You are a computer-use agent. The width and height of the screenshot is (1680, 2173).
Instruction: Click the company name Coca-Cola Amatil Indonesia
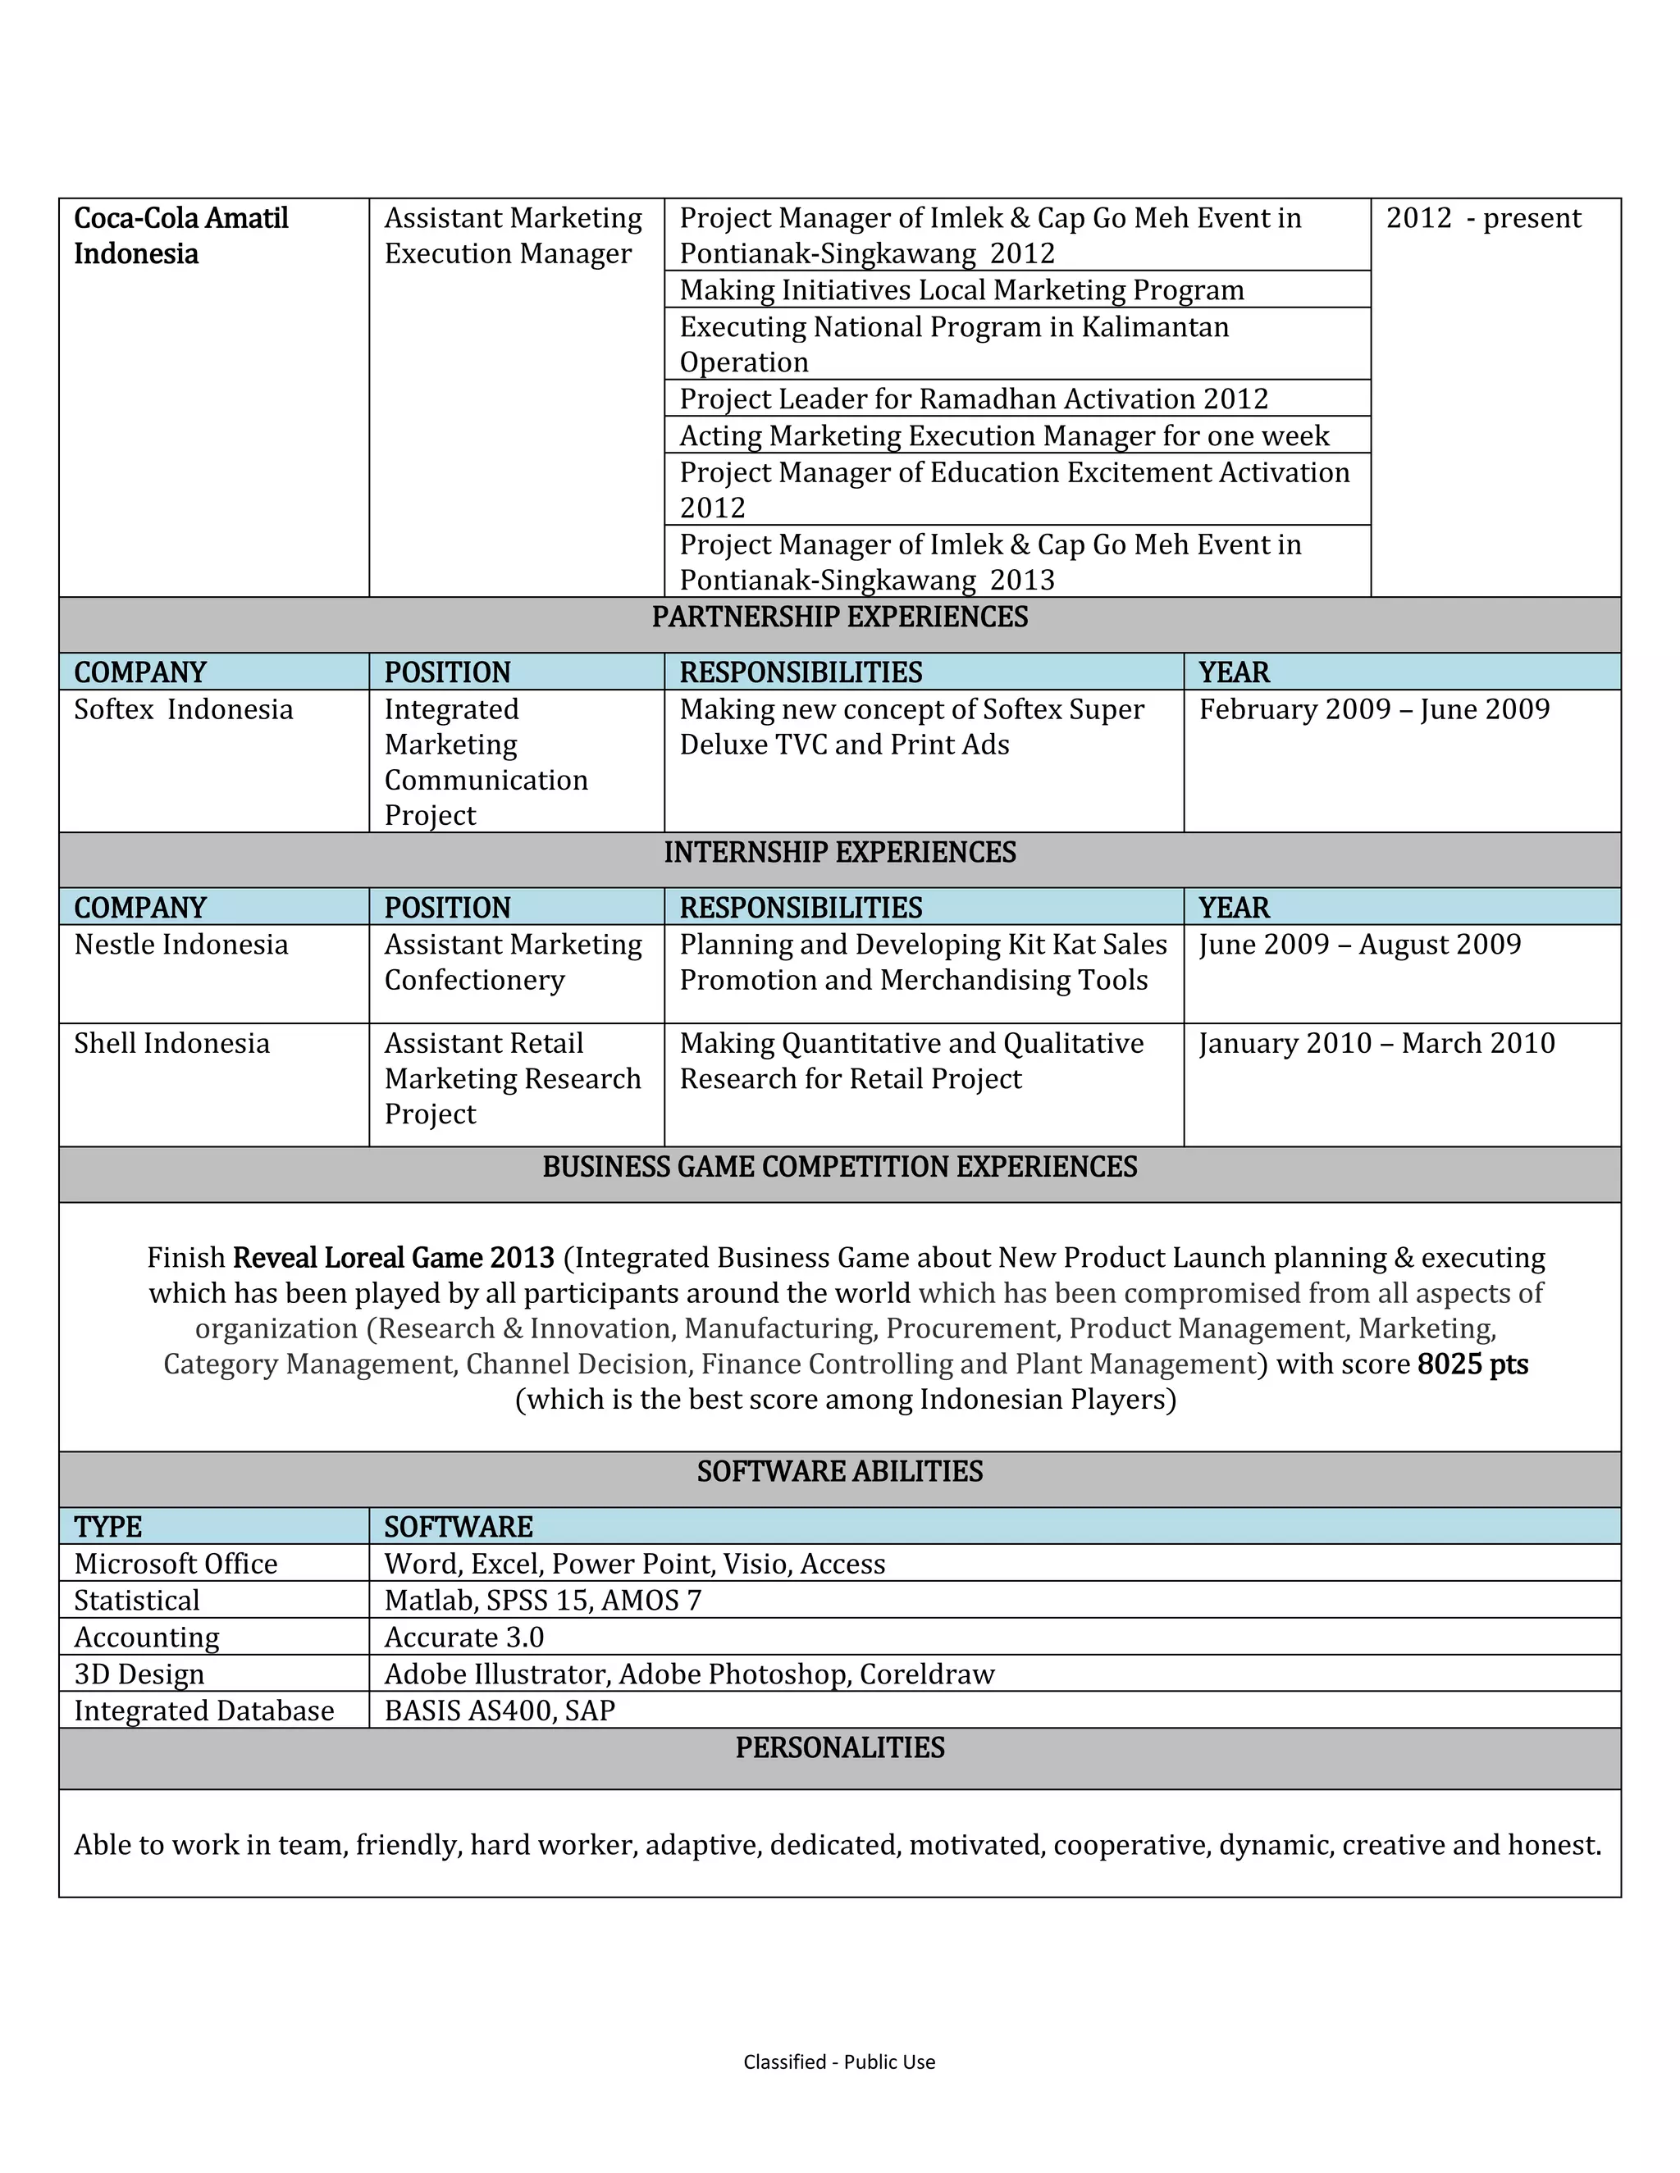180,236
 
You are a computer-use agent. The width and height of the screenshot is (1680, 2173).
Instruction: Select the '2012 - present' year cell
1483,218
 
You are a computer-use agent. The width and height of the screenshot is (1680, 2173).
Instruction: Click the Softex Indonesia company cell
183,709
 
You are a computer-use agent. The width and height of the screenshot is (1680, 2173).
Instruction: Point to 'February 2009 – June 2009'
1373,709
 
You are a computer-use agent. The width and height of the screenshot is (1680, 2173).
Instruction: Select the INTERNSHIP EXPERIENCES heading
839,853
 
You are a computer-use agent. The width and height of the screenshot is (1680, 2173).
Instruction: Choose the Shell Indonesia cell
171,1043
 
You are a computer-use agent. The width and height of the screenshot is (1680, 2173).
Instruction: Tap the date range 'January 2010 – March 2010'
1376,1043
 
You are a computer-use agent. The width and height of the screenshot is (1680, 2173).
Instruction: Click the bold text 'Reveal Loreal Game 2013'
393,1258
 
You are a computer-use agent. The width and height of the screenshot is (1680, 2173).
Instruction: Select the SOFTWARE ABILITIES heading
839,1472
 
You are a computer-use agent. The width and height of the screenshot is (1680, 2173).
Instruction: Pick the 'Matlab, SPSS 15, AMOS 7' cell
542,1600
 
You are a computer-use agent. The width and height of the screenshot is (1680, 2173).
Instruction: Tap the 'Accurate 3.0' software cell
463,1637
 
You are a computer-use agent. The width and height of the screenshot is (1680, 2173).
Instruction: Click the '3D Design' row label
139,1674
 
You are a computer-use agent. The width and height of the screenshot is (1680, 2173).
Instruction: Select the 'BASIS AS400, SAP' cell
500,1711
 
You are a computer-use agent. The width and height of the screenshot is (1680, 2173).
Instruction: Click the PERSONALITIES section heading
839,1747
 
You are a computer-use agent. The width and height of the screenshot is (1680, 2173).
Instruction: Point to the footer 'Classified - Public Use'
839,2061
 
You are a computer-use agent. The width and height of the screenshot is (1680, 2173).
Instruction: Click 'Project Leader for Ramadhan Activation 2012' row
974,399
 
